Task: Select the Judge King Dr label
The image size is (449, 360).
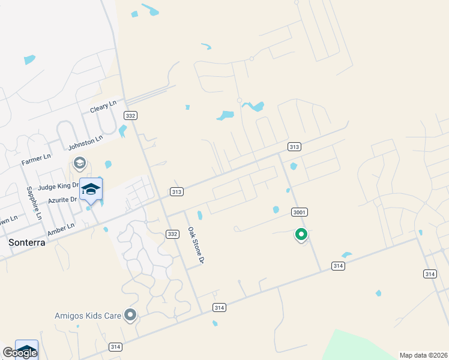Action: click(58, 187)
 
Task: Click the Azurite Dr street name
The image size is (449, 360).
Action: click(63, 199)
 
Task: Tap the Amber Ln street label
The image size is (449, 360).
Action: click(61, 227)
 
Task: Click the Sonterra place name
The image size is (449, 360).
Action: click(27, 242)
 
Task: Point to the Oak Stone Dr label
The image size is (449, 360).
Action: click(196, 245)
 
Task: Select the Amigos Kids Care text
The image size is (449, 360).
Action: click(87, 316)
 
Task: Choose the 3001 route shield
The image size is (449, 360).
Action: click(300, 212)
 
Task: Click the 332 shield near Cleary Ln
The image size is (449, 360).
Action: click(130, 115)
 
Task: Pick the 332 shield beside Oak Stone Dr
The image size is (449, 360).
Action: click(172, 234)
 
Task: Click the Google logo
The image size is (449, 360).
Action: click(19, 353)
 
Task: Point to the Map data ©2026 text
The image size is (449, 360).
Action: click(423, 355)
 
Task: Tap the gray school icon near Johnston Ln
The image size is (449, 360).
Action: click(79, 163)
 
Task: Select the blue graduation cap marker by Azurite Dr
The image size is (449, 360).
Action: click(91, 190)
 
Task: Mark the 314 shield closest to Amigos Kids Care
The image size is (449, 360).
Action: click(116, 347)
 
